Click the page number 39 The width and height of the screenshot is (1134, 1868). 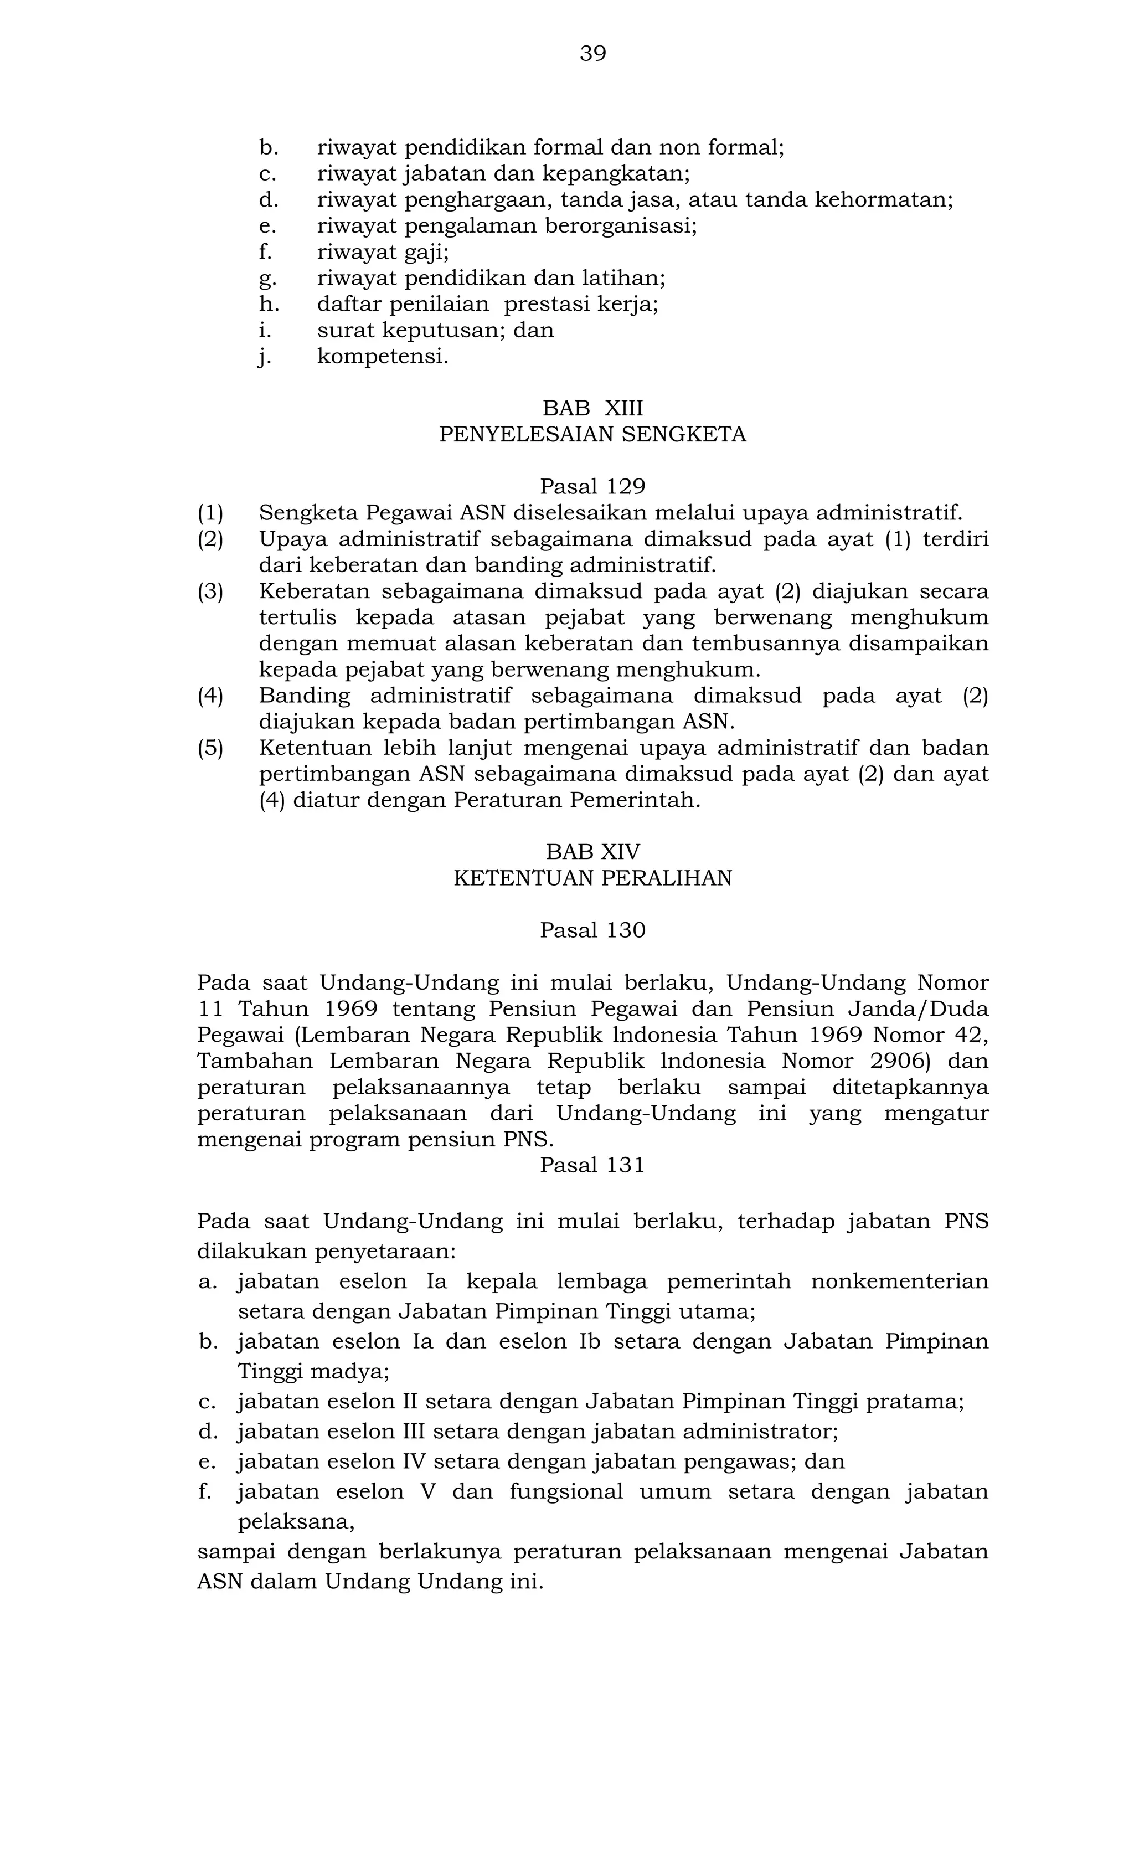pos(593,54)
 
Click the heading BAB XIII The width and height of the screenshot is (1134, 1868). pos(593,409)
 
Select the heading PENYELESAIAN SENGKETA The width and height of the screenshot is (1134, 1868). pos(593,435)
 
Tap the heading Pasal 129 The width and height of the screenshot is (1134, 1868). pos(593,486)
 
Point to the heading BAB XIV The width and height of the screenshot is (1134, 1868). pos(593,852)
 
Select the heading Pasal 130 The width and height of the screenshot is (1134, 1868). pos(593,930)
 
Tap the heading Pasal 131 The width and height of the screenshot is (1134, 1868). pos(593,1165)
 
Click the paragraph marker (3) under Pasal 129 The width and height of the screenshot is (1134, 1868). pos(211,591)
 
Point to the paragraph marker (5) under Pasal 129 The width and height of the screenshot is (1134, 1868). pos(211,748)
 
